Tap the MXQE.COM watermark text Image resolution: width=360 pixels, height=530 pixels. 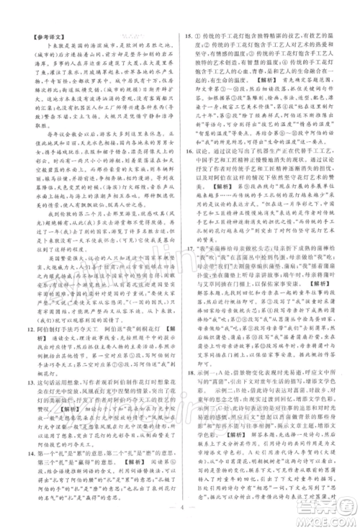(328, 520)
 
